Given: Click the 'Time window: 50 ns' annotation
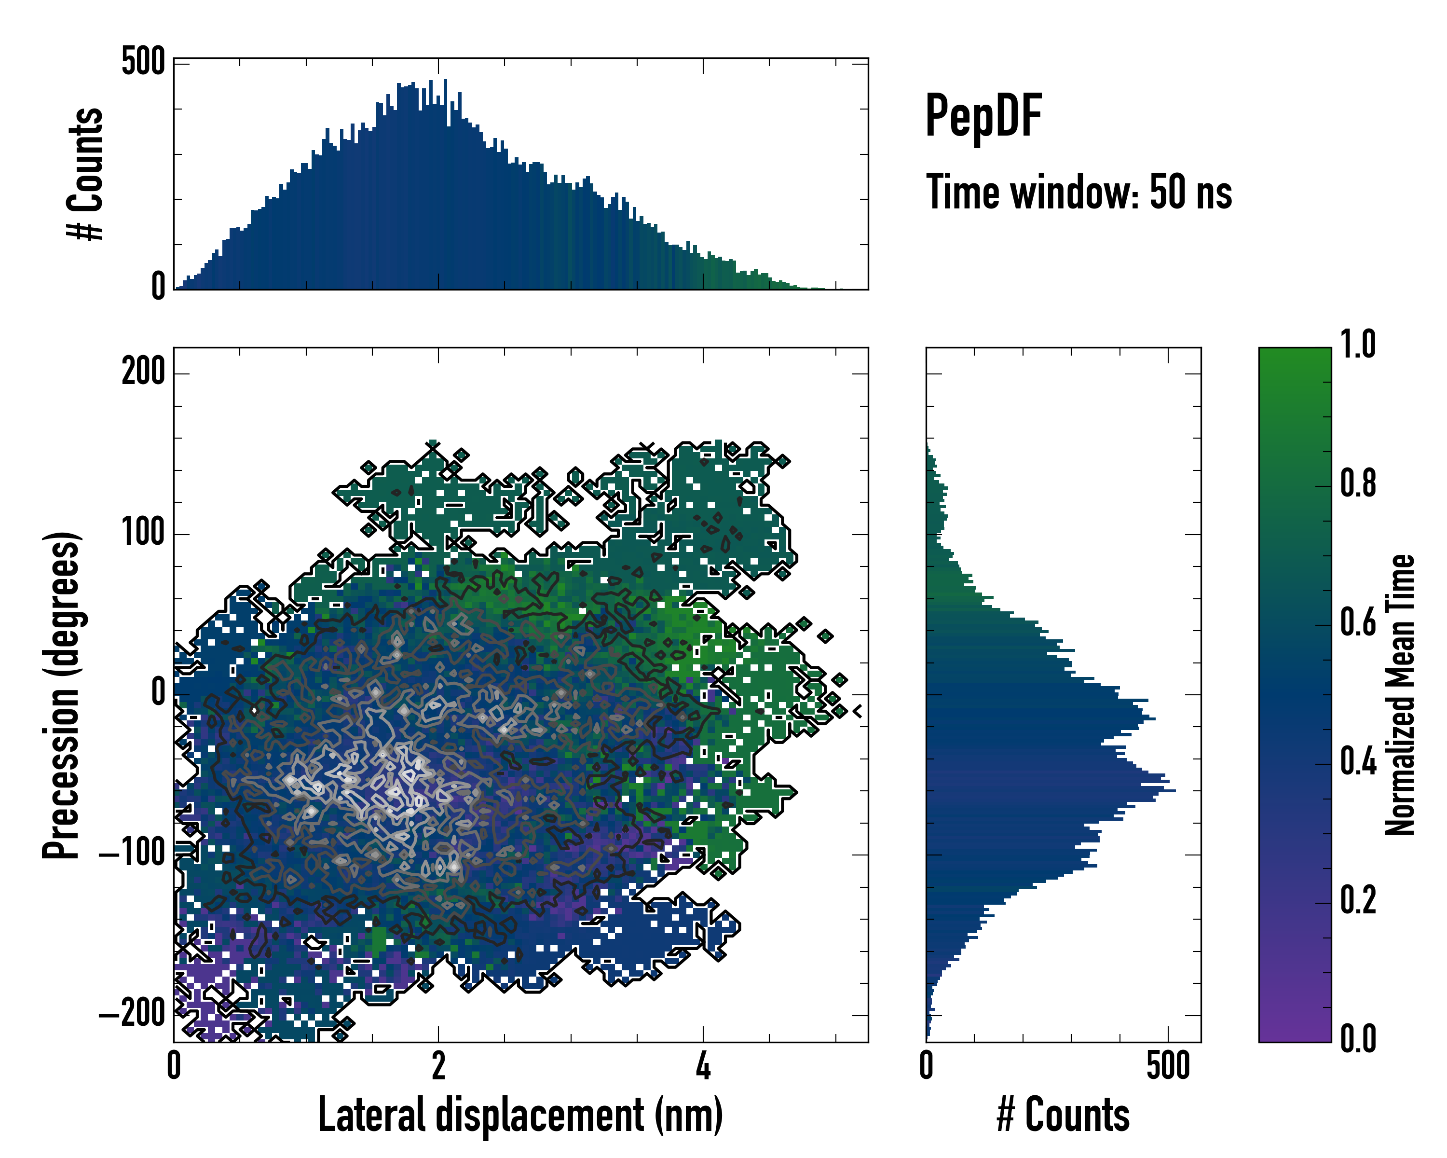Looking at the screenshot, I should tap(1078, 193).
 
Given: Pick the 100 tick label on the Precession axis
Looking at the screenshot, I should tap(143, 534).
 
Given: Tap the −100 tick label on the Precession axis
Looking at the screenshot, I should tap(132, 854).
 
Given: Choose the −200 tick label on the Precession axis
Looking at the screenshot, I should tap(132, 1014).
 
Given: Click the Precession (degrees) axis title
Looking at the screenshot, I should tap(62, 695).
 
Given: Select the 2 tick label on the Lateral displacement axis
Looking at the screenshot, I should tap(438, 1066).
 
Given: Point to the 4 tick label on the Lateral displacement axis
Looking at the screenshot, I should tap(703, 1066).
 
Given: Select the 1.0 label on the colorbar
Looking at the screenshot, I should tap(1358, 345).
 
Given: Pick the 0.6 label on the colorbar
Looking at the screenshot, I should tap(1358, 622).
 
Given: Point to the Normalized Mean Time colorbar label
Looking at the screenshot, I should tap(1400, 695).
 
